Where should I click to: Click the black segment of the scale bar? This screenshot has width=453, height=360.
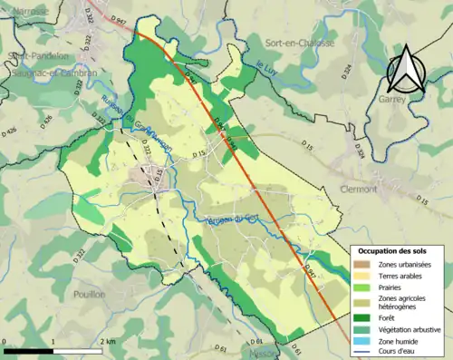[26, 350]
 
